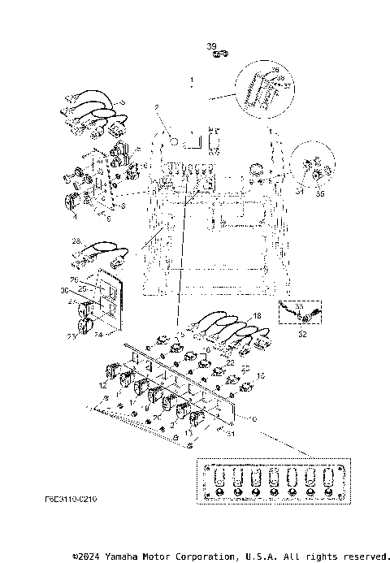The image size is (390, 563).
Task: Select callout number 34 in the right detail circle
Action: tap(299, 192)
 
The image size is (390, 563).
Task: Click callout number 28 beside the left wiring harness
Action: tap(76, 241)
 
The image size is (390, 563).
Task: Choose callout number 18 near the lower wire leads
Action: tap(257, 314)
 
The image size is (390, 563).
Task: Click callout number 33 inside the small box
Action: tap(299, 305)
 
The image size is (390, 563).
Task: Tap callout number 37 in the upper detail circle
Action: tap(287, 85)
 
